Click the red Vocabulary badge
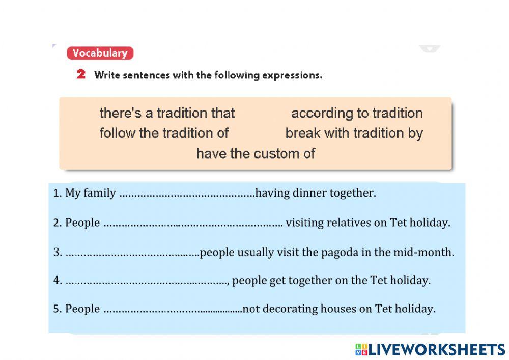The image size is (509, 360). click(100, 53)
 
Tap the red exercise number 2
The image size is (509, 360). click(81, 74)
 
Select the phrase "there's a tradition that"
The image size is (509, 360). click(167, 113)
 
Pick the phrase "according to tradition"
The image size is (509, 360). click(357, 114)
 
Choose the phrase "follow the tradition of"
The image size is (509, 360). click(164, 133)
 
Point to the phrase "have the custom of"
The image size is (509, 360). click(256, 154)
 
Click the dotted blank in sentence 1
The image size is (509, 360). click(187, 196)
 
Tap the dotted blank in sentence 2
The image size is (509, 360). click(193, 225)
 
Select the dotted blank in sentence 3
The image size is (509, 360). click(133, 255)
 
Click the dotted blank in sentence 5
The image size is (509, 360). click(173, 311)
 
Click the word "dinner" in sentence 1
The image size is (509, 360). click(309, 193)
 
